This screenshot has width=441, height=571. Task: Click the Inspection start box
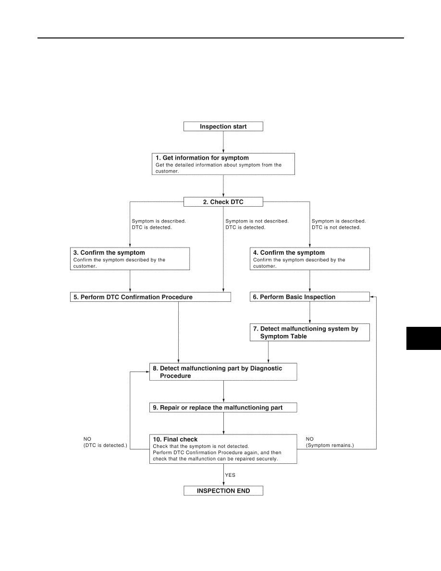[223, 126]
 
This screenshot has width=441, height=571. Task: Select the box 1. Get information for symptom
[223, 164]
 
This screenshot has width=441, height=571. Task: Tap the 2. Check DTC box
[223, 202]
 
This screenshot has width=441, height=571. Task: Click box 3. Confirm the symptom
[130, 259]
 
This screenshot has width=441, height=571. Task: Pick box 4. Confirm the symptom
[310, 259]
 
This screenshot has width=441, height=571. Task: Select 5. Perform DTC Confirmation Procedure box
[150, 297]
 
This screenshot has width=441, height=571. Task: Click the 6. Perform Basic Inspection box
[310, 297]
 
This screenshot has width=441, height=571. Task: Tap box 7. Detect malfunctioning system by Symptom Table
[310, 332]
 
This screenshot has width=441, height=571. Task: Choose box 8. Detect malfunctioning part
[223, 372]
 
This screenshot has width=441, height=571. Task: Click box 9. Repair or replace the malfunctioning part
[223, 408]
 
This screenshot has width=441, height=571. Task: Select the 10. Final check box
[223, 449]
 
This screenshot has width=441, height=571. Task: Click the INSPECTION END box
[223, 491]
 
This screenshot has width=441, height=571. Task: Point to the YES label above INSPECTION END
[230, 475]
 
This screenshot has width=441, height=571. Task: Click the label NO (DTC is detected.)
[105, 442]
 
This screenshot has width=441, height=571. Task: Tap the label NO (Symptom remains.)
[330, 442]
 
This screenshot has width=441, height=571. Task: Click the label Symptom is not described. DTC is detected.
[257, 224]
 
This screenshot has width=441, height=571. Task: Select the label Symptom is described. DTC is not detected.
[339, 224]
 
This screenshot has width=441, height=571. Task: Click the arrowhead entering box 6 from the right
[371, 297]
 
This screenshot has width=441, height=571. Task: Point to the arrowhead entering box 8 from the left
[147, 372]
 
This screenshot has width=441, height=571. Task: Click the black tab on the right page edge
[424, 338]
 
